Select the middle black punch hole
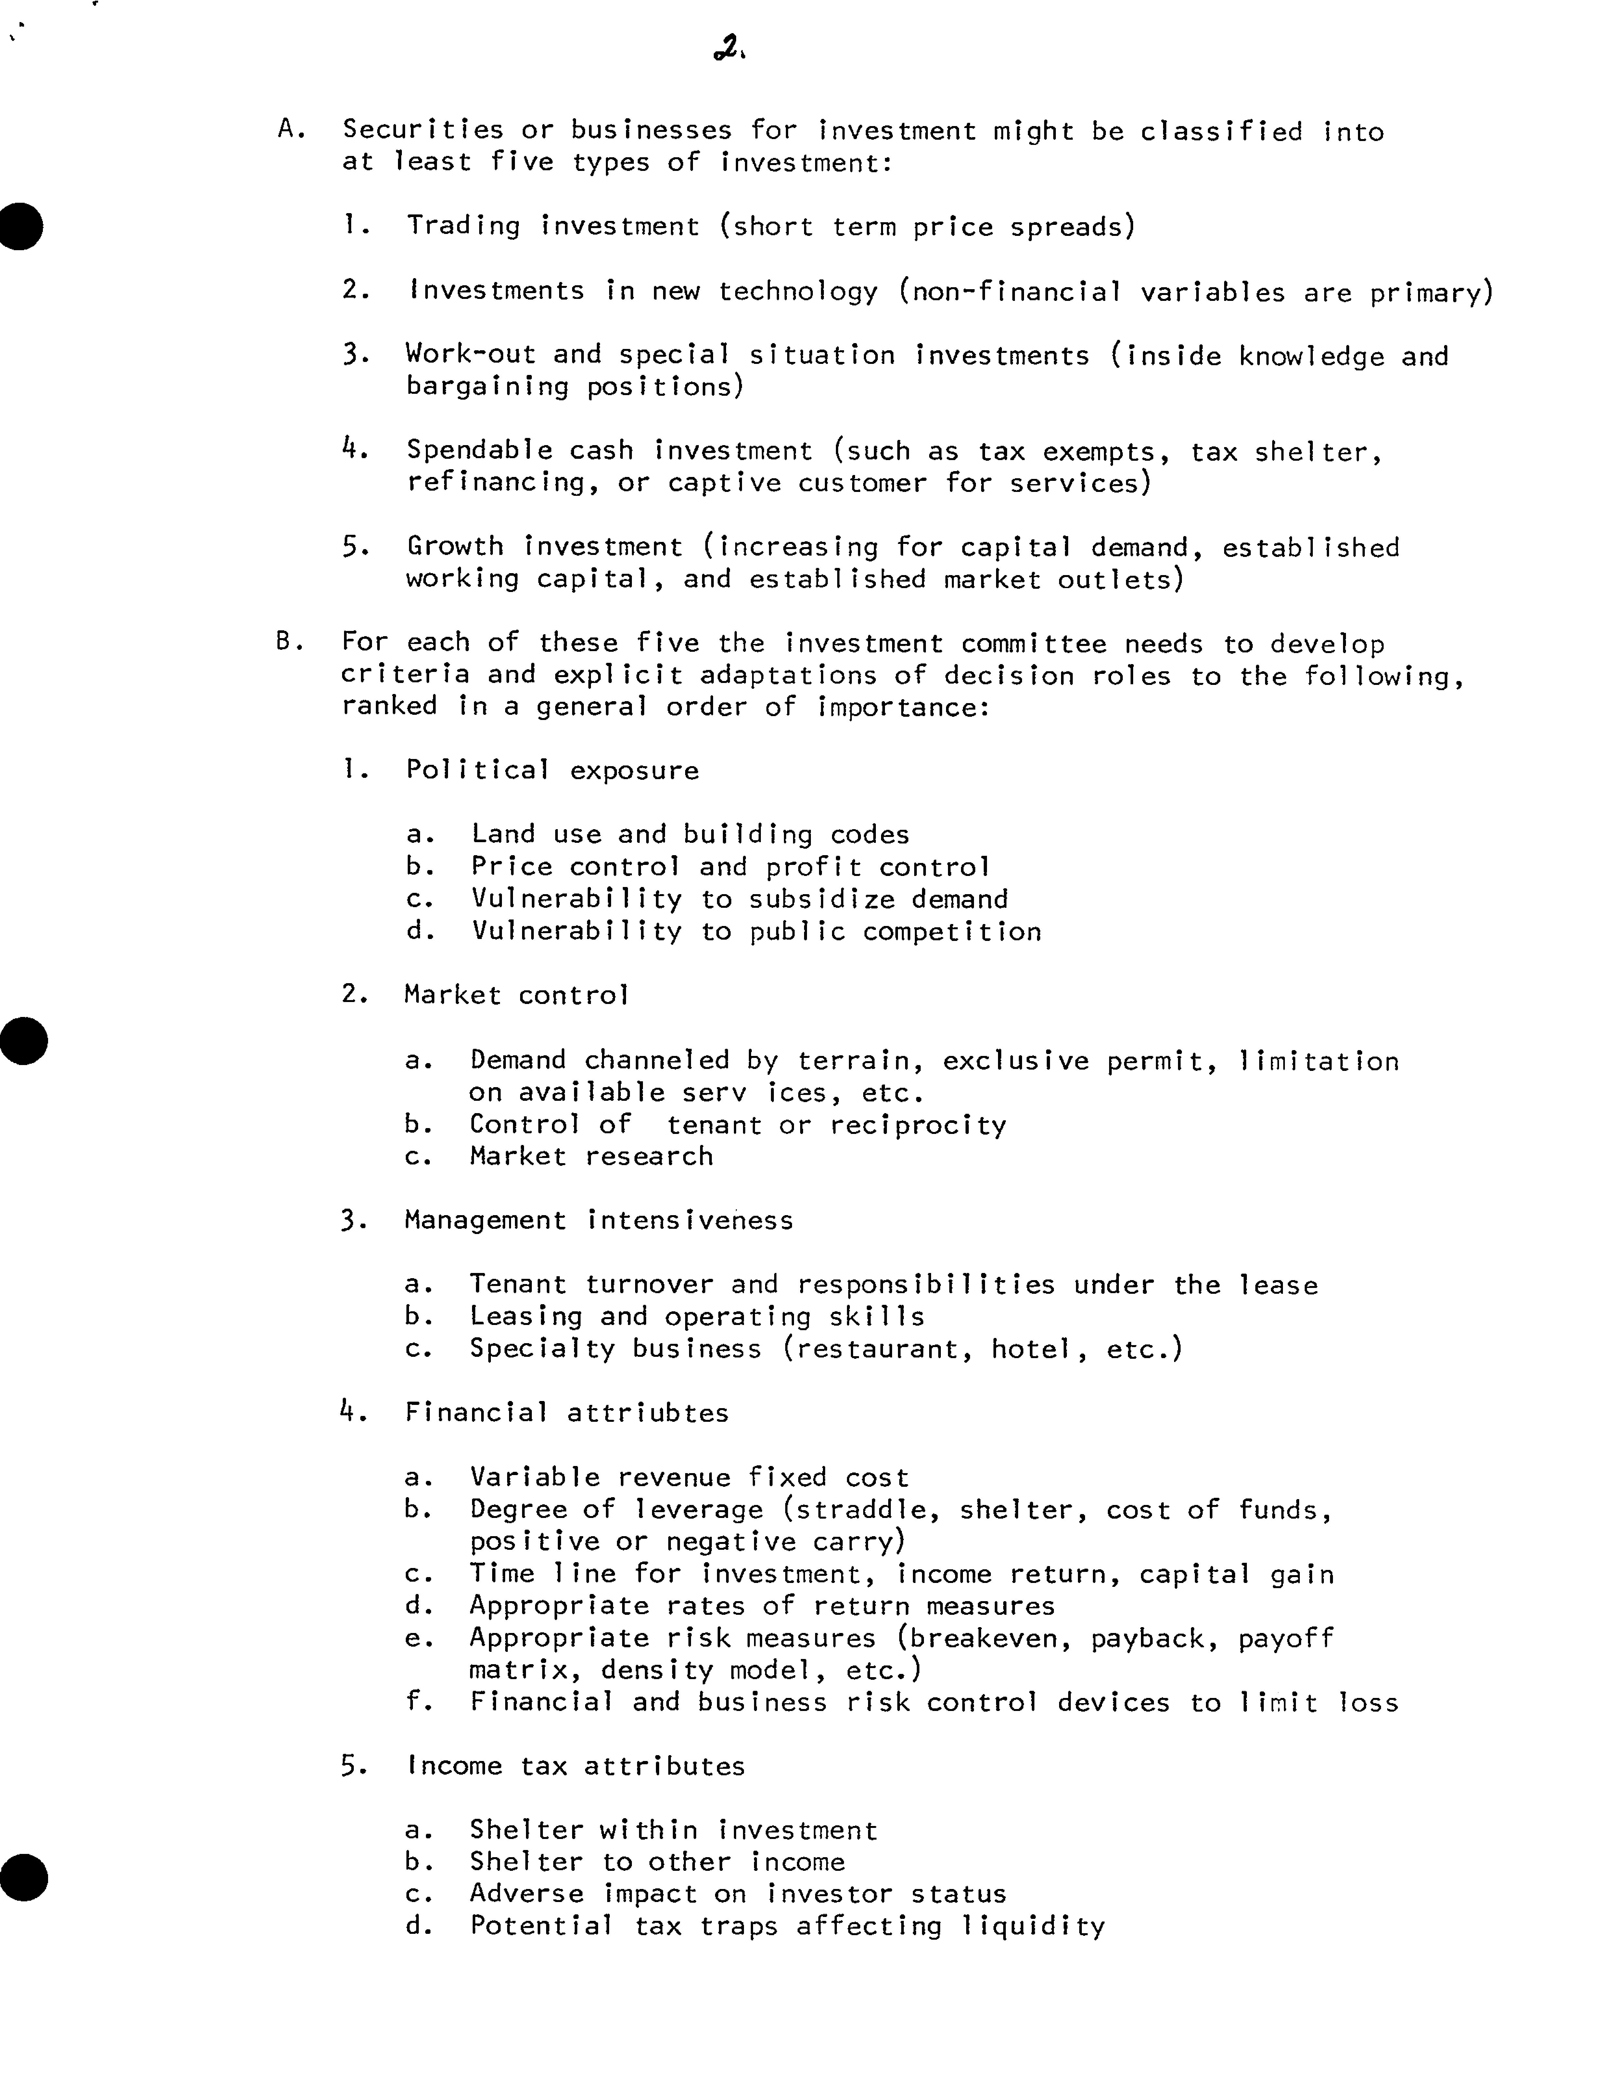coord(24,1040)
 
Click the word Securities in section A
coord(423,131)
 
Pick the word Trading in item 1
coord(463,227)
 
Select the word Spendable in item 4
coord(479,451)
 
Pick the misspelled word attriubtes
coord(647,1412)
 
